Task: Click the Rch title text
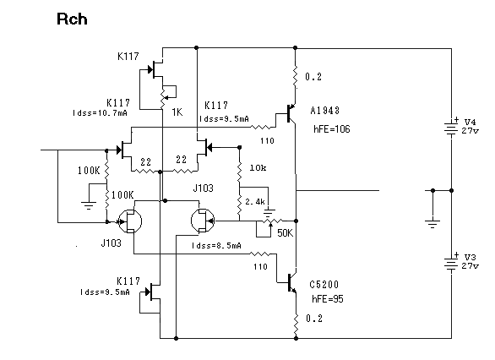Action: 72,19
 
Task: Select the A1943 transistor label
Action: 325,111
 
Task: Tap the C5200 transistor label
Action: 324,285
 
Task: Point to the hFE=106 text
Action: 332,128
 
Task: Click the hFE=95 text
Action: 328,299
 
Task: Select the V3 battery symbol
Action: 451,263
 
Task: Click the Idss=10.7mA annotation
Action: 100,113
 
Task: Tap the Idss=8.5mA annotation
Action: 216,245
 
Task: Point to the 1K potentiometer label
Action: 177,112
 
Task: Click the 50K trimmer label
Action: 285,233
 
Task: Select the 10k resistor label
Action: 258,167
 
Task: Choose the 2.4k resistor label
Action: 255,201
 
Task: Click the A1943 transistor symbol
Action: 290,114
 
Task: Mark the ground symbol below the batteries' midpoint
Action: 432,224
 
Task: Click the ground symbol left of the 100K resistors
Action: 89,205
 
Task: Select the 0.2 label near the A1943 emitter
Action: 313,77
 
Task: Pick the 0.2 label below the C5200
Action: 314,319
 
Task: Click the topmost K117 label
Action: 128,57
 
